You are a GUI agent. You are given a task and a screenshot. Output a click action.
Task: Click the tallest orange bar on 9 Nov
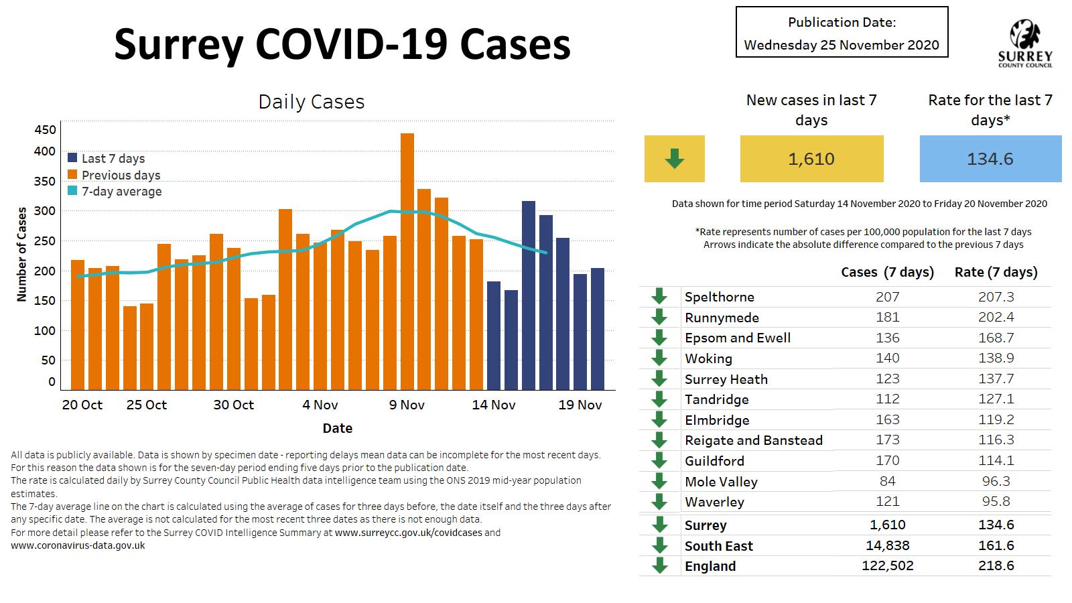pyautogui.click(x=407, y=261)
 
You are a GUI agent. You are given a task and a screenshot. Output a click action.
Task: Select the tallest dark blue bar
pyautogui.click(x=528, y=295)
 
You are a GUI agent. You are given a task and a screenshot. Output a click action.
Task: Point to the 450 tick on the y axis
pyautogui.click(x=45, y=130)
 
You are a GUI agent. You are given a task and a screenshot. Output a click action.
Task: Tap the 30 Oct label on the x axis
pyautogui.click(x=234, y=405)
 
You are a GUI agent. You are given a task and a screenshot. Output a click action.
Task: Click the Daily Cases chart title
pyautogui.click(x=312, y=102)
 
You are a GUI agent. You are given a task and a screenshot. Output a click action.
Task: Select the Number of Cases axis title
pyautogui.click(x=22, y=254)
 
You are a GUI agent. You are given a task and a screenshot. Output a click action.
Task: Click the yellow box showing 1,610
pyautogui.click(x=811, y=159)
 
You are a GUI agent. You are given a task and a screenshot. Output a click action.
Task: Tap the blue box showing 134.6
pyautogui.click(x=990, y=159)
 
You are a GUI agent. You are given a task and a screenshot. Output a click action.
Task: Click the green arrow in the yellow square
pyautogui.click(x=674, y=159)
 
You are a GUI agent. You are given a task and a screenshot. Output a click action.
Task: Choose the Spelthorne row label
pyautogui.click(x=719, y=297)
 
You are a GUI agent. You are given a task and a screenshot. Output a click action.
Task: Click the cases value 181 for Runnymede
pyautogui.click(x=887, y=317)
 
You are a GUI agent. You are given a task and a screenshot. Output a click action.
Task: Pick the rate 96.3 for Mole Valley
pyautogui.click(x=996, y=481)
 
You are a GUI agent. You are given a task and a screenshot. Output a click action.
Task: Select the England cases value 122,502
pyautogui.click(x=887, y=566)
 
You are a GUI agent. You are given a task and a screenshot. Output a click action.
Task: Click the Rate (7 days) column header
pyautogui.click(x=996, y=272)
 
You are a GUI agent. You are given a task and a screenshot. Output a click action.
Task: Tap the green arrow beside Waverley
pyautogui.click(x=659, y=502)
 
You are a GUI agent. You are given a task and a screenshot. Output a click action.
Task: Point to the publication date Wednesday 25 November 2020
pyautogui.click(x=842, y=45)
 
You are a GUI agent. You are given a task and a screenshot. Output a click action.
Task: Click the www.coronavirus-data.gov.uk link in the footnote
pyautogui.click(x=78, y=545)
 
